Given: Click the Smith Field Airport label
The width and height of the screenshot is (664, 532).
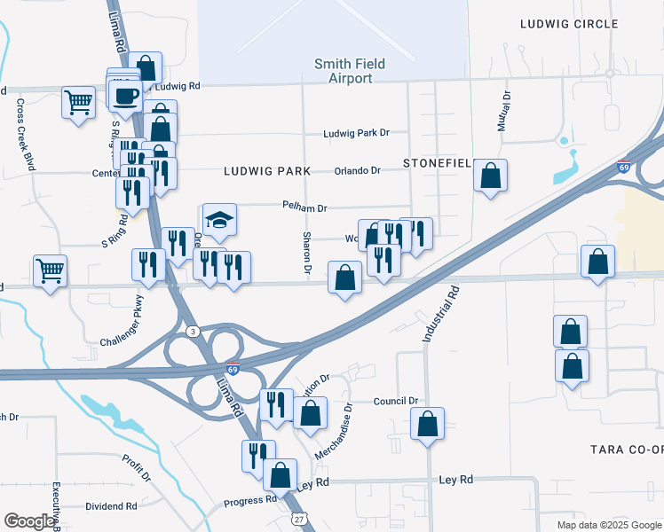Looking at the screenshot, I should point(344,71).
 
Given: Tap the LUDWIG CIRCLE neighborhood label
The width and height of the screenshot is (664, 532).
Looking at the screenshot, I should point(568,24).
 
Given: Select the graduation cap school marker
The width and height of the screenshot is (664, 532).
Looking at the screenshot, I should point(219,221).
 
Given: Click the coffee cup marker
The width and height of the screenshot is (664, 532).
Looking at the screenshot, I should point(125,94).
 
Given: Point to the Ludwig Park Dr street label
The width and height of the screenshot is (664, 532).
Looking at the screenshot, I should point(356,133).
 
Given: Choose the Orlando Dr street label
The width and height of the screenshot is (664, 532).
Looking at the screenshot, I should point(357,170).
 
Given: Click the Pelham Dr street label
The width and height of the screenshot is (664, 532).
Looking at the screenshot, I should point(304,207).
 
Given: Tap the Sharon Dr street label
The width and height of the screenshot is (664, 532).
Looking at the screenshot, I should point(307,253).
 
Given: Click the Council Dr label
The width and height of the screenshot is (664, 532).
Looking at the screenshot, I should point(395,401).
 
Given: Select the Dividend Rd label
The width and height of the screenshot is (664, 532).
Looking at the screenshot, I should point(111,506).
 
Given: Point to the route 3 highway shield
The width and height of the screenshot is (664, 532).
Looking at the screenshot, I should point(192,331).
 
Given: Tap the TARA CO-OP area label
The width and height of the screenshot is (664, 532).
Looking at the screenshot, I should point(626,450).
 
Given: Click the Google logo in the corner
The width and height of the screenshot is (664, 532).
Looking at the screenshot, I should point(29,521).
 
